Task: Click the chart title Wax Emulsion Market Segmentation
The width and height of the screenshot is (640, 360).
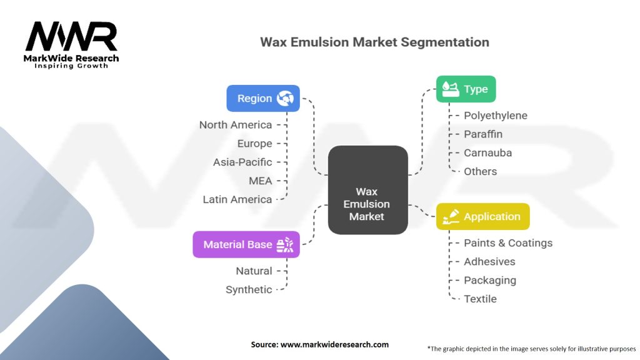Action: pyautogui.click(x=374, y=42)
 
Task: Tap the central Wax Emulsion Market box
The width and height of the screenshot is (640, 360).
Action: pyautogui.click(x=368, y=190)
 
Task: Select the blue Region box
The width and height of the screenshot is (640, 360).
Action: pyautogui.click(x=263, y=98)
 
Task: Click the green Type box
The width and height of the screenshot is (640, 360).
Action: pyautogui.click(x=465, y=89)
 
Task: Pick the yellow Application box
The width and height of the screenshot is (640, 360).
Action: pyautogui.click(x=482, y=216)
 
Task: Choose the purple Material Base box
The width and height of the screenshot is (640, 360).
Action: pyautogui.click(x=246, y=244)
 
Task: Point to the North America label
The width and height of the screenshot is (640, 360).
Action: pyautogui.click(x=236, y=125)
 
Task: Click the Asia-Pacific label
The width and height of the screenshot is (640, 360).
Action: pyautogui.click(x=242, y=162)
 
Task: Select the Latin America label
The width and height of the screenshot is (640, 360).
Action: pyautogui.click(x=237, y=199)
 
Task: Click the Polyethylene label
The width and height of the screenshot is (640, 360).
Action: pyautogui.click(x=496, y=116)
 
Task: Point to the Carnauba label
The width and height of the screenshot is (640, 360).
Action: pyautogui.click(x=488, y=153)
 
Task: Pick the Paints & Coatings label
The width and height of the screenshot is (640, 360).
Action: pyautogui.click(x=508, y=242)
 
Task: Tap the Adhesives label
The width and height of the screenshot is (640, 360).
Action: pyautogui.click(x=489, y=261)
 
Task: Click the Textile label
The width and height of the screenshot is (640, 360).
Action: pyautogui.click(x=480, y=299)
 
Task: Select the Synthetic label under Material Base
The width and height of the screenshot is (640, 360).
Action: pyautogui.click(x=249, y=289)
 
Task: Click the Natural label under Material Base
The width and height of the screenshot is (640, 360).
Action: pyautogui.click(x=254, y=271)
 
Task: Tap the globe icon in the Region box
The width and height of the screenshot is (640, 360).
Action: pyautogui.click(x=286, y=98)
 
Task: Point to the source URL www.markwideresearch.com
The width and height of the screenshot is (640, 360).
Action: pyautogui.click(x=319, y=344)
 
